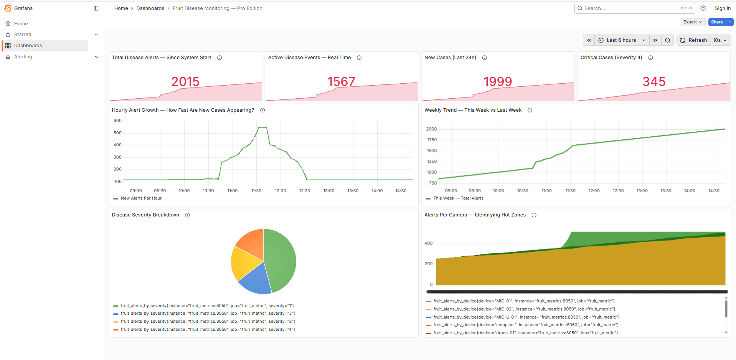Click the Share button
[716, 22]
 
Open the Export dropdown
[692, 22]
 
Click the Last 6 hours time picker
[621, 40]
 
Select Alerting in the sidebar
[23, 57]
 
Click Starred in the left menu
[23, 35]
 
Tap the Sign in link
[723, 8]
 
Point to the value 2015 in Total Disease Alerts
[185, 81]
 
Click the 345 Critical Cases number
[654, 81]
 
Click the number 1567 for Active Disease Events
[341, 81]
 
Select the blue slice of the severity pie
[255, 280]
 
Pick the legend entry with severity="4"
[208, 330]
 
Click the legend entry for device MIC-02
[524, 309]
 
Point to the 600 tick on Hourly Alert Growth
[117, 121]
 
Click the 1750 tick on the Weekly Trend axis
[432, 140]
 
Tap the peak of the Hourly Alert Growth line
[262, 127]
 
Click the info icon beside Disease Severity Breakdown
[187, 215]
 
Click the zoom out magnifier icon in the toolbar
[668, 40]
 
